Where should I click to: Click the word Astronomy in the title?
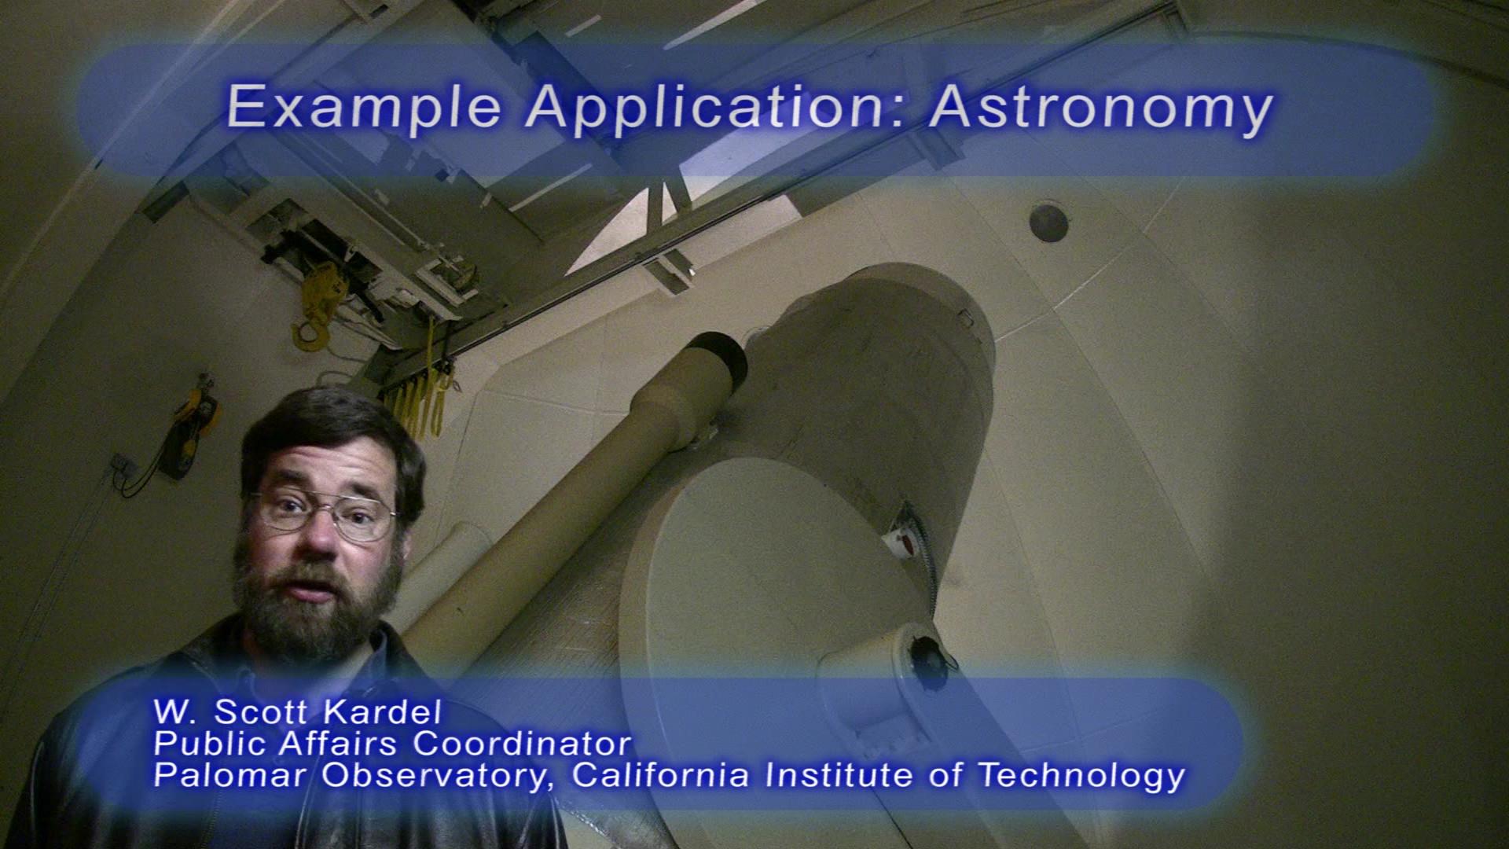pos(1100,107)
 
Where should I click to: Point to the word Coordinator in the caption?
pos(523,743)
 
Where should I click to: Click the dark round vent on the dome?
pos(1048,222)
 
